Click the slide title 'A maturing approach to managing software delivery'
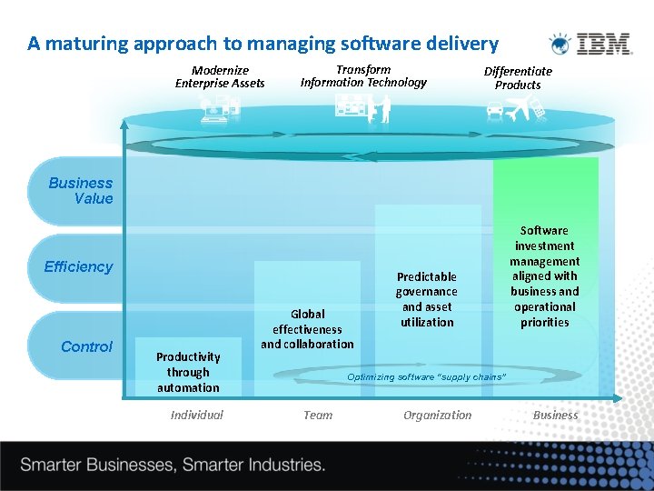click(x=263, y=43)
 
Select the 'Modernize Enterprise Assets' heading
click(x=220, y=76)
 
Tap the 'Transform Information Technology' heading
click(x=363, y=75)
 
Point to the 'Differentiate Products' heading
click(x=518, y=77)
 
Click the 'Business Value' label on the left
click(x=81, y=191)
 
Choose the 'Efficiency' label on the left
click(x=78, y=266)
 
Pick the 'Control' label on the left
click(x=86, y=346)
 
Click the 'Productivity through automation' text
click(x=188, y=372)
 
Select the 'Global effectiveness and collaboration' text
click(x=307, y=329)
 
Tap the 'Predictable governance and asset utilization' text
click(x=426, y=298)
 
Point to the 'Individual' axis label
click(x=196, y=415)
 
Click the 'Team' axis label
click(x=318, y=415)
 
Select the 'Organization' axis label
click(x=438, y=415)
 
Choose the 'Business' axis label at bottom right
click(x=555, y=415)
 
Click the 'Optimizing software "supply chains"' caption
click(x=426, y=376)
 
